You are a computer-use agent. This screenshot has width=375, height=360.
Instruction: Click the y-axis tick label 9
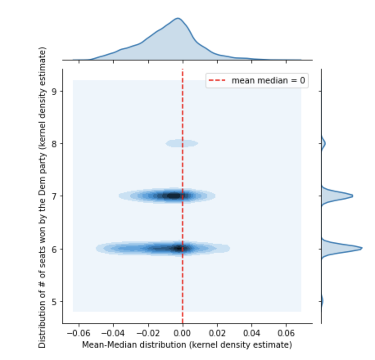[54, 91]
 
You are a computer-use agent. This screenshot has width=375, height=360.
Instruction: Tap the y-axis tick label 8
[54, 144]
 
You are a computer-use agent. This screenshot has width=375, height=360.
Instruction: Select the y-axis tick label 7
[54, 196]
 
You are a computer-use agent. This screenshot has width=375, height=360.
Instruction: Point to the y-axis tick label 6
[54, 249]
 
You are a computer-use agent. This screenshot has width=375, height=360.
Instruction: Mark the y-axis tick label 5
[54, 301]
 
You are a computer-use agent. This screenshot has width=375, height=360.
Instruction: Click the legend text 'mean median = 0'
[268, 81]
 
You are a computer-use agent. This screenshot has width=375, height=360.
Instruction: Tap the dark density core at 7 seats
[174, 196]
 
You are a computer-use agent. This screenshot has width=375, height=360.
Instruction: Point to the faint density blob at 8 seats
[181, 143]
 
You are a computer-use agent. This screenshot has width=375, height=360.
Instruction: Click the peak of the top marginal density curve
[177, 18]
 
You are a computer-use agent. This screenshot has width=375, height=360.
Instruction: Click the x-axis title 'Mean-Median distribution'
[187, 345]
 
